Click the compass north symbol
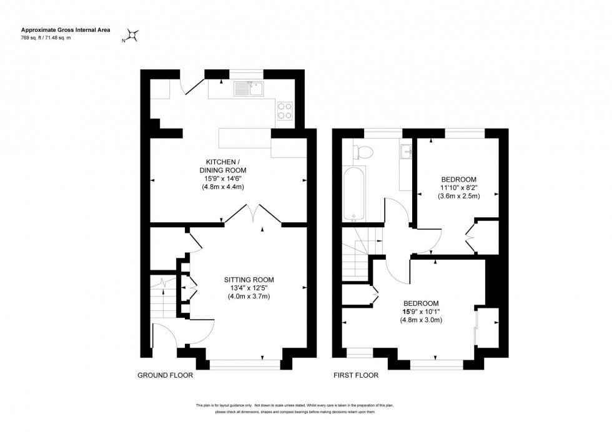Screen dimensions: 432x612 [x=133, y=35]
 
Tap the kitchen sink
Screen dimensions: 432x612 [x=249, y=89]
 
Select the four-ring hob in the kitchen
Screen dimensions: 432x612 [x=285, y=110]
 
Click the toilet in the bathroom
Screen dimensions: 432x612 [x=362, y=151]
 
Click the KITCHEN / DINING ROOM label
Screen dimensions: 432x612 [x=223, y=165]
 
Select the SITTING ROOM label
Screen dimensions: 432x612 [x=249, y=280]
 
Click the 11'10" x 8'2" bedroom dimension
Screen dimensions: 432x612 [x=458, y=187]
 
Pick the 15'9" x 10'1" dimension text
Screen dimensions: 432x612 [x=421, y=311]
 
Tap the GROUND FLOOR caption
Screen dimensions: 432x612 [x=165, y=376]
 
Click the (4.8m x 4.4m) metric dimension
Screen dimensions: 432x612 [x=223, y=187]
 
